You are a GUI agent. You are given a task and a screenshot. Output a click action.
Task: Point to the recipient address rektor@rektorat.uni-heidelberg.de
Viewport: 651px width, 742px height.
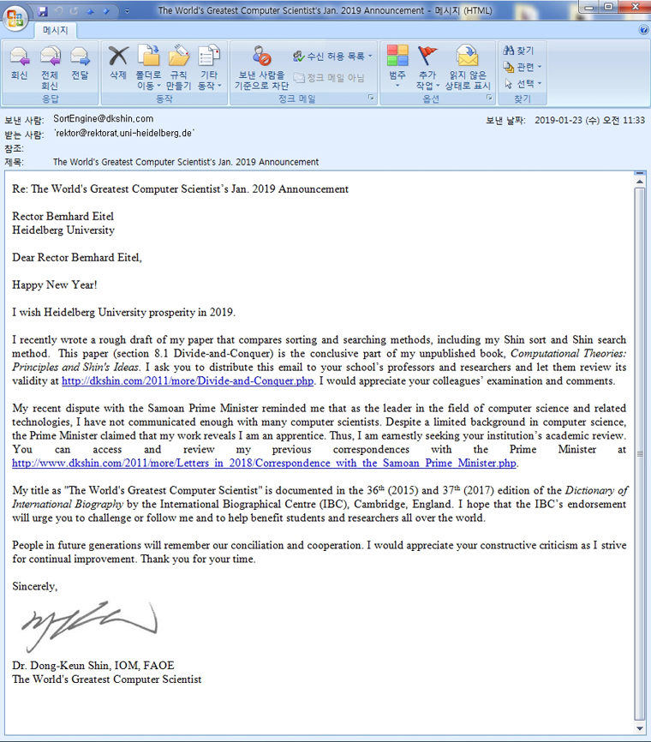point(124,134)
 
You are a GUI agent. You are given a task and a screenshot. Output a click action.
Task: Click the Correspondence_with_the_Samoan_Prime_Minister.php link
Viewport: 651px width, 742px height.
point(265,463)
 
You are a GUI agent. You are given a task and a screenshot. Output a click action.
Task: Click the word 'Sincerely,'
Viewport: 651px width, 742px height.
point(35,587)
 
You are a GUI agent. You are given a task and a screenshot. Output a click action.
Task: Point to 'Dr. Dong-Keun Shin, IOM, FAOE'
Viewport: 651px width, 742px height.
point(93,666)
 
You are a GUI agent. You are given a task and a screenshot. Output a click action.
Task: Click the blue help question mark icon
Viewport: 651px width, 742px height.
point(643,30)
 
